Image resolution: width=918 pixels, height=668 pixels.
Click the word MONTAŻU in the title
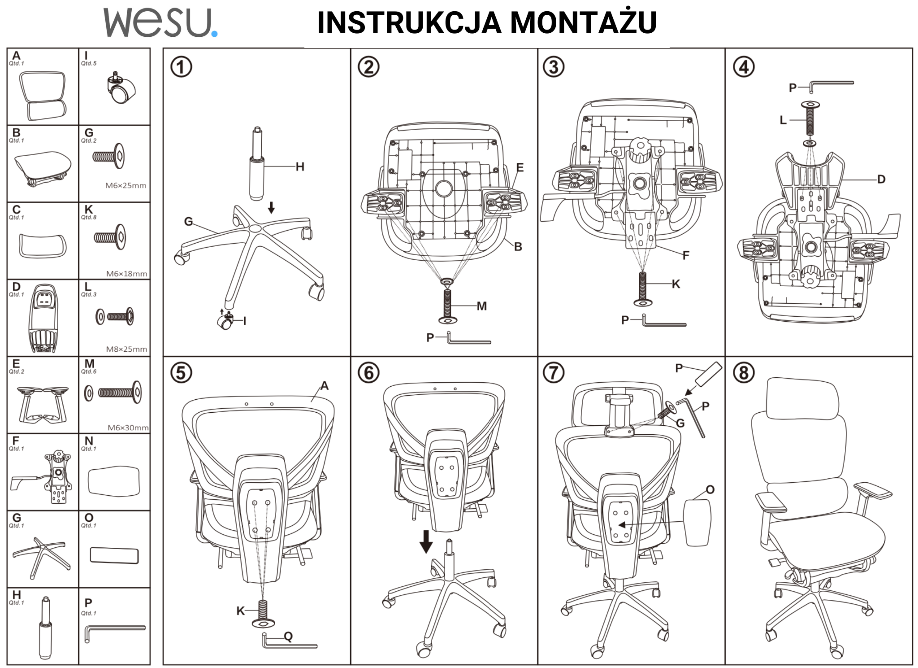coord(583,22)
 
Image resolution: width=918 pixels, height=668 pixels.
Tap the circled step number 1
coord(181,67)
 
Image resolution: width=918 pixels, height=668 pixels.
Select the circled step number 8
coord(744,372)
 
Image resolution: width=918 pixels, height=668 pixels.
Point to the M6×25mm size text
coord(126,186)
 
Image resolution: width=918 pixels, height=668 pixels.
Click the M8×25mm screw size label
coord(126,349)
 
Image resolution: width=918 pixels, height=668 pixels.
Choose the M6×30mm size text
coord(128,428)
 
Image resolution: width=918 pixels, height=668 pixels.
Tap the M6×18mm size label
coord(126,274)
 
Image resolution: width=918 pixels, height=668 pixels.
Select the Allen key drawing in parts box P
coord(114,633)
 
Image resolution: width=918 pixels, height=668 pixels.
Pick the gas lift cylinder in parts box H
coord(45,628)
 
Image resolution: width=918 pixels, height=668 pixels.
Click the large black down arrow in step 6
coord(426,541)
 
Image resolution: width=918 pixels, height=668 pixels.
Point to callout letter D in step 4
coord(881,179)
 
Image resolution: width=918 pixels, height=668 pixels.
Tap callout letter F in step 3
coord(685,256)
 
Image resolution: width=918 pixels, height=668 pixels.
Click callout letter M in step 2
coord(482,306)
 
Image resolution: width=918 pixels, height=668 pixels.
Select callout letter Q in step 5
coord(288,636)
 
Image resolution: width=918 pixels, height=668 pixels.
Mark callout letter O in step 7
coord(710,489)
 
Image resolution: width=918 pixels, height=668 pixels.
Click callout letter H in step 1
coord(300,167)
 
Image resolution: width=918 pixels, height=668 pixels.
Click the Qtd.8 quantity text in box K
coord(89,218)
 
